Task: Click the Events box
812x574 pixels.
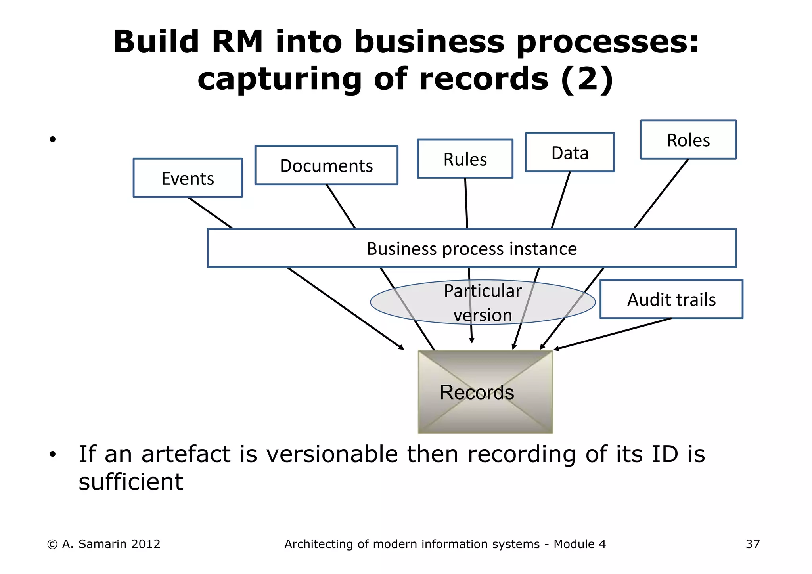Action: point(188,178)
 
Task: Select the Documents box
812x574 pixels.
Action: point(326,165)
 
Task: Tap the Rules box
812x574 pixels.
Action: point(465,159)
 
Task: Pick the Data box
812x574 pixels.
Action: point(570,153)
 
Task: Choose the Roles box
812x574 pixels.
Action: point(688,140)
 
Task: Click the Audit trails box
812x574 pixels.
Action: point(671,299)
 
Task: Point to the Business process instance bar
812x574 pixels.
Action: point(471,249)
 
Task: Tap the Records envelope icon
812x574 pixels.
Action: point(485,392)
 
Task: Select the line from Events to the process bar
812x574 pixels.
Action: point(210,213)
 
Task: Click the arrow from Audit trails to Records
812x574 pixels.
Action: point(613,334)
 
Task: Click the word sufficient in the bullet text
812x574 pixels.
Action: point(131,482)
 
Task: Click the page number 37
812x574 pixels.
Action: point(753,544)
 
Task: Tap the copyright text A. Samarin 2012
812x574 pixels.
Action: point(111,544)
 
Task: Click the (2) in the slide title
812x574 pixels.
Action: point(587,79)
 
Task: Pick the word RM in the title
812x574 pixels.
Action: point(237,42)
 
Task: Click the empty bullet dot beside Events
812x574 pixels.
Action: point(52,139)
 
